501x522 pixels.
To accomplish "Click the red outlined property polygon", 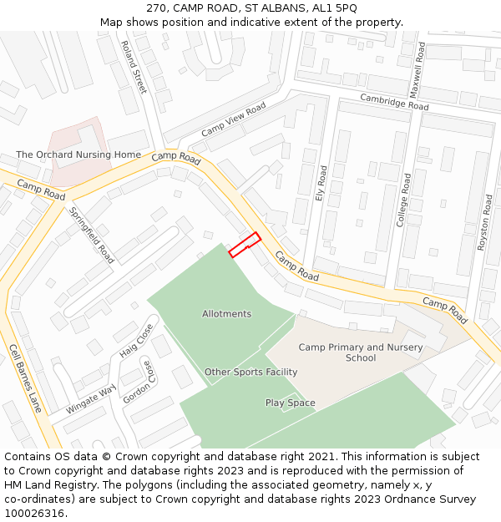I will click(245, 244).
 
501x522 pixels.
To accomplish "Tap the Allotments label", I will click(226, 314).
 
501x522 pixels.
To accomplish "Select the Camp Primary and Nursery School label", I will click(361, 352).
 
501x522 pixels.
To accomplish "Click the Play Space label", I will click(291, 403).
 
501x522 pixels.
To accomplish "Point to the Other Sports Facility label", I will click(251, 372).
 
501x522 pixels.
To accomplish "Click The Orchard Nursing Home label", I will click(78, 155).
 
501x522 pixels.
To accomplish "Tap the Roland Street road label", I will click(134, 67).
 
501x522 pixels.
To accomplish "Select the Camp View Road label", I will click(233, 120).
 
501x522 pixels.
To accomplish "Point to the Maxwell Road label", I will click(418, 70).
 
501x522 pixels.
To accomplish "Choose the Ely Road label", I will click(322, 187).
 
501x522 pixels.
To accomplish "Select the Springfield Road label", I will click(91, 235).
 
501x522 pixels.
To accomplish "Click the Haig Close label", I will click(136, 341).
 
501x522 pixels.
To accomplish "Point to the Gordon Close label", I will click(141, 382).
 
